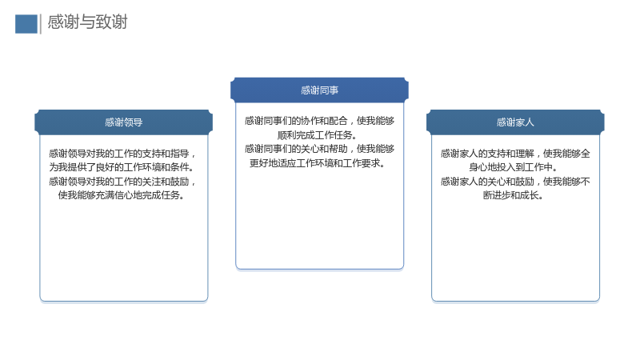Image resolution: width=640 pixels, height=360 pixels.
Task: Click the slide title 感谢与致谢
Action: [x=87, y=22]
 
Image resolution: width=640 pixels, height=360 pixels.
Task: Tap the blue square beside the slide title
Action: [x=26, y=24]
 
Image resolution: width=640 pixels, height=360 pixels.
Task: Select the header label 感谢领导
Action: [x=124, y=122]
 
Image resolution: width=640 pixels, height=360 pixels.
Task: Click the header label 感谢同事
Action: [x=319, y=90]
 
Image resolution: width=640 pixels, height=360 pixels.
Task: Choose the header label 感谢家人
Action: [x=515, y=122]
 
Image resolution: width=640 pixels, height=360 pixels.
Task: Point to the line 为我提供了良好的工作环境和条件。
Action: [x=122, y=167]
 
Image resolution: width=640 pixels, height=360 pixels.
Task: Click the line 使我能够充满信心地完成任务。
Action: [x=122, y=195]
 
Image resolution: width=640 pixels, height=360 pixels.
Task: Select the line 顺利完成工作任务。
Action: [x=317, y=135]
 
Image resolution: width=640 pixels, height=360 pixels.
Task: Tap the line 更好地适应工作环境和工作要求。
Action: [x=317, y=163]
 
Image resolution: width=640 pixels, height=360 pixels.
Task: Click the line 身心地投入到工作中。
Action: [x=513, y=167]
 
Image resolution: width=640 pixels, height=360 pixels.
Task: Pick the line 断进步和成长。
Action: [x=513, y=195]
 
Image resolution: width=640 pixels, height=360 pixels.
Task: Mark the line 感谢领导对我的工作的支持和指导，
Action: [x=122, y=154]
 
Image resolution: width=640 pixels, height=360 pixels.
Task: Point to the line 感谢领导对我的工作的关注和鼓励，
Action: [x=122, y=182]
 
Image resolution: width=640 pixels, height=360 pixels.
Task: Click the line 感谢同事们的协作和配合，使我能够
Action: [x=319, y=121]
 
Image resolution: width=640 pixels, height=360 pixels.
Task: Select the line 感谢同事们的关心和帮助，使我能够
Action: [x=319, y=149]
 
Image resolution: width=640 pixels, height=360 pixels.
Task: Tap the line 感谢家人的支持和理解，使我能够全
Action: [x=515, y=154]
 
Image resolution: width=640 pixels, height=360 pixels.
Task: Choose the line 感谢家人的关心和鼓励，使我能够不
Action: [x=515, y=182]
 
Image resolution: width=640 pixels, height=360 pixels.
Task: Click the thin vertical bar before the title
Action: [x=41, y=24]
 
